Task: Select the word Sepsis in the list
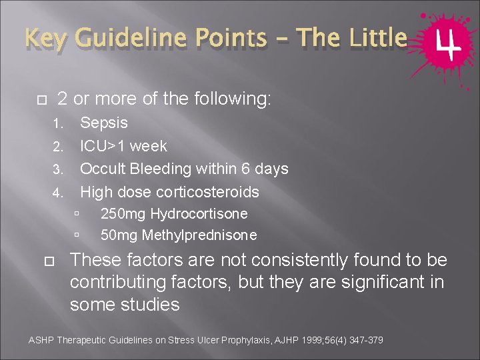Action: click(104, 123)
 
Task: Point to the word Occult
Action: click(102, 169)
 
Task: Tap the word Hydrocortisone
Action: click(199, 214)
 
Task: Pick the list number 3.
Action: click(57, 170)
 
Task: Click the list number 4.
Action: click(57, 193)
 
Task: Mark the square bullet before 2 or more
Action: click(40, 100)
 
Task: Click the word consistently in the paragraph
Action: click(275, 260)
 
